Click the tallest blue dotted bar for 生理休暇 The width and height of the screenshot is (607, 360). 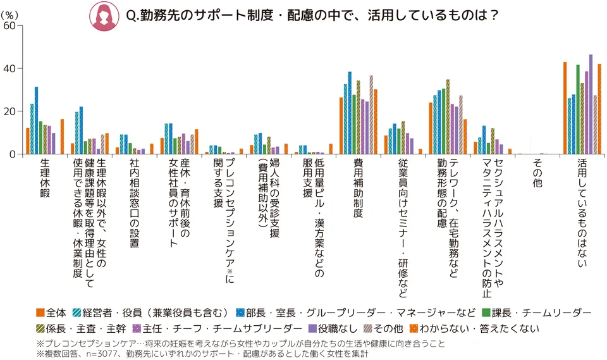(36, 120)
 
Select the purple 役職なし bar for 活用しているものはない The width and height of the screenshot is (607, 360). (591, 104)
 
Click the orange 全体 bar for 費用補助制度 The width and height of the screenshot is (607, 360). (341, 125)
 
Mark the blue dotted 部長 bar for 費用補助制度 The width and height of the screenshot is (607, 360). (350, 113)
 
